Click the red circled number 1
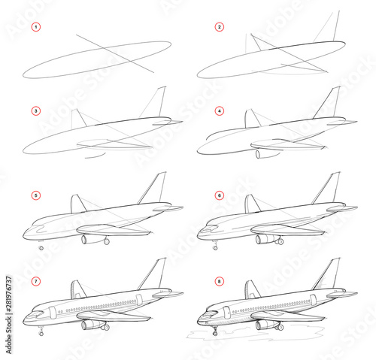[36, 27]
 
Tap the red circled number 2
[220, 27]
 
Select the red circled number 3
[36, 111]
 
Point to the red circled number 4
[220, 111]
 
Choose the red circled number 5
[36, 195]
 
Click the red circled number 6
[220, 195]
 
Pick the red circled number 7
[36, 281]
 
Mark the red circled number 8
[220, 281]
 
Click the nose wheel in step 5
[41, 248]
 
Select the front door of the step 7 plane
[53, 313]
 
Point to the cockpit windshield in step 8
[211, 313]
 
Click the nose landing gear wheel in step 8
[215, 333]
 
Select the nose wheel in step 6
[215, 248]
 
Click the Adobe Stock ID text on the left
[9, 315]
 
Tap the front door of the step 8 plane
[227, 312]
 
